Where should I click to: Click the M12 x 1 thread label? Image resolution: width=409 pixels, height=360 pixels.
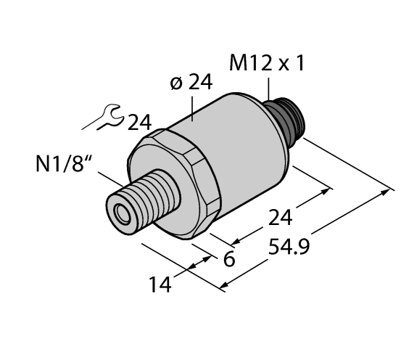tap(267, 65)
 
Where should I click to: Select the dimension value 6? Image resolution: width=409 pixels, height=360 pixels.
tap(228, 259)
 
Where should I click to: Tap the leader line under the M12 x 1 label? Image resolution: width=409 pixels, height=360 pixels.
tap(270, 88)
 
